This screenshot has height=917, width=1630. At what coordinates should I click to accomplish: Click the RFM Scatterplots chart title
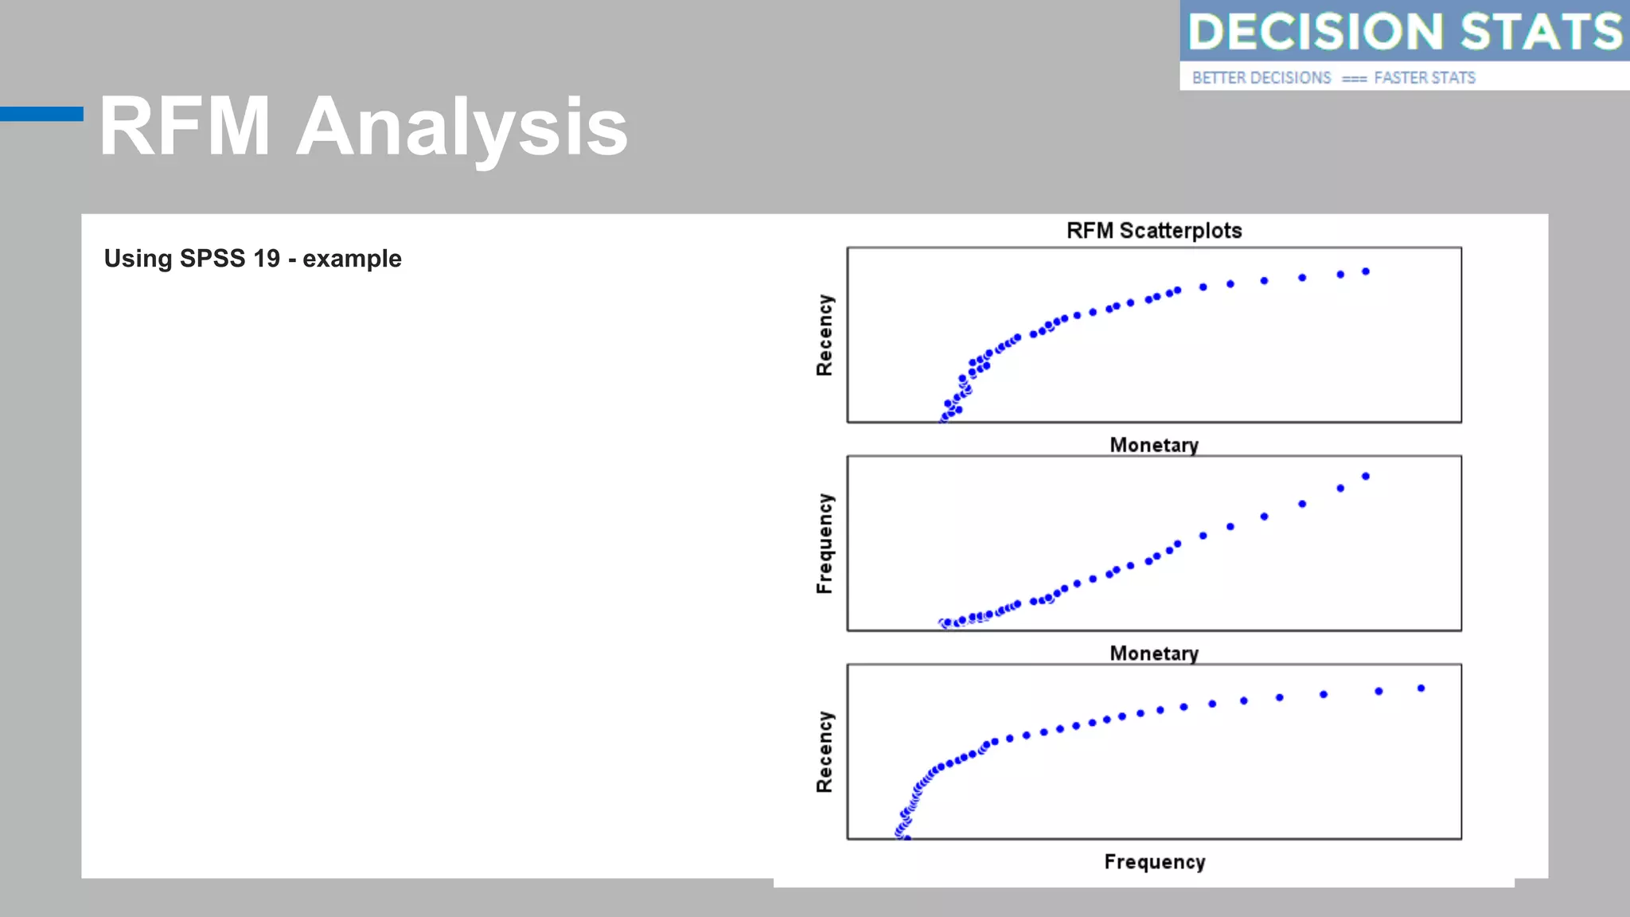click(x=1153, y=231)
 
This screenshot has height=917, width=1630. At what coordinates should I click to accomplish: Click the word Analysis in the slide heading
click(x=462, y=127)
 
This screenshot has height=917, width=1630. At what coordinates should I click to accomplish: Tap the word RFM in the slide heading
click(x=185, y=127)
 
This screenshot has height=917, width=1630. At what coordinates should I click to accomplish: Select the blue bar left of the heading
click(x=41, y=114)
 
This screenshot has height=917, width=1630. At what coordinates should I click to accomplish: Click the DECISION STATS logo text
click(x=1404, y=32)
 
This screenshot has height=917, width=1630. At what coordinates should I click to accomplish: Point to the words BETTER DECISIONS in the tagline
click(x=1261, y=78)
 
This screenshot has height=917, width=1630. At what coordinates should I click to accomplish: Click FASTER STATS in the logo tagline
click(x=1424, y=78)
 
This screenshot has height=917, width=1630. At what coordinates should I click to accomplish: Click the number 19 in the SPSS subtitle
click(x=267, y=259)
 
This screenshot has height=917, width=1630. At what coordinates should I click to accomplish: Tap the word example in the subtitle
click(x=352, y=259)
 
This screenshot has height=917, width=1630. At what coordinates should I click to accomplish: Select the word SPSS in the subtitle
click(x=213, y=259)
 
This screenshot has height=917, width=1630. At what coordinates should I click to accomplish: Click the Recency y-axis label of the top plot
click(x=825, y=335)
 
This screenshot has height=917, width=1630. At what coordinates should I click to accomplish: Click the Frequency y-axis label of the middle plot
click(x=825, y=544)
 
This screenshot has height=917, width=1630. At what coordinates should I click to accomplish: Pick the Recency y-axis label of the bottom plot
click(x=825, y=752)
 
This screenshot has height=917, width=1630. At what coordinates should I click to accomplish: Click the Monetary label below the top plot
click(x=1153, y=445)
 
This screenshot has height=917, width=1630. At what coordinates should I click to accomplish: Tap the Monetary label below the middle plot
click(x=1153, y=654)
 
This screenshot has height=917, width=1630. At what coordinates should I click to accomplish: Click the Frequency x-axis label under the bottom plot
click(x=1154, y=862)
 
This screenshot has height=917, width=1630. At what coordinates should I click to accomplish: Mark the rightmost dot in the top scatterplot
click(x=1366, y=271)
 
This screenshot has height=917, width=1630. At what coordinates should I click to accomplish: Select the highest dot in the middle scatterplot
click(x=1366, y=476)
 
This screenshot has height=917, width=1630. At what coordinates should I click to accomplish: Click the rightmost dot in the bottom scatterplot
click(x=1421, y=688)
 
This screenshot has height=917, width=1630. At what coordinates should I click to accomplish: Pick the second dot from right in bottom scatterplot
click(x=1378, y=691)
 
